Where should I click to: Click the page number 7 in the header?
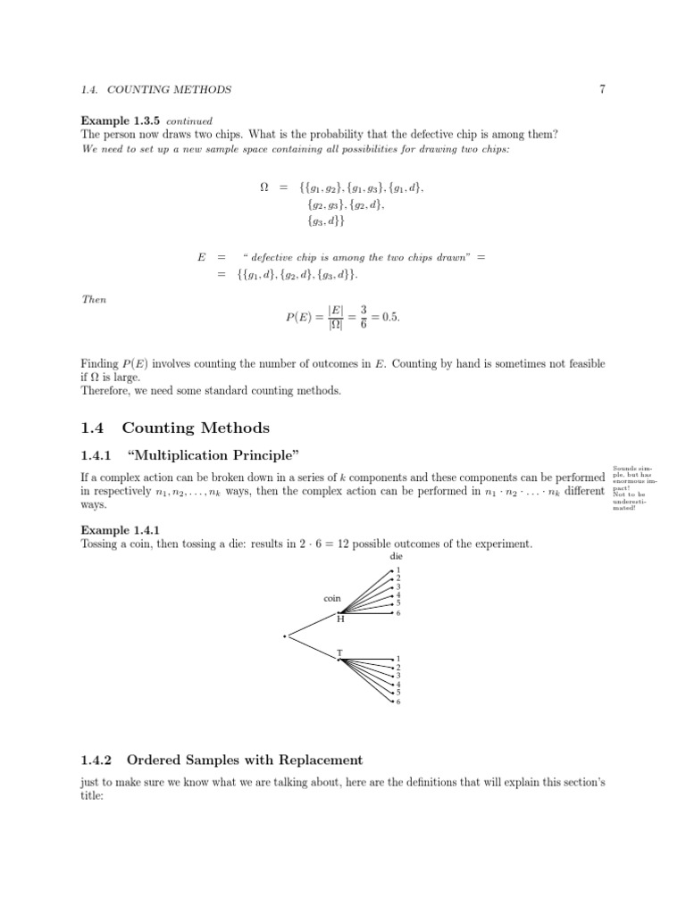pos(603,89)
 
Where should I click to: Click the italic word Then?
pos(94,300)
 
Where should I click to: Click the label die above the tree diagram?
pos(397,556)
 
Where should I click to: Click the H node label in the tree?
pos(340,619)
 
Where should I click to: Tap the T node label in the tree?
pos(339,653)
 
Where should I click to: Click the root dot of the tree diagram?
pos(284,636)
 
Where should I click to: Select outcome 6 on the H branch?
pos(398,613)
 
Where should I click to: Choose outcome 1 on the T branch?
pos(398,660)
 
